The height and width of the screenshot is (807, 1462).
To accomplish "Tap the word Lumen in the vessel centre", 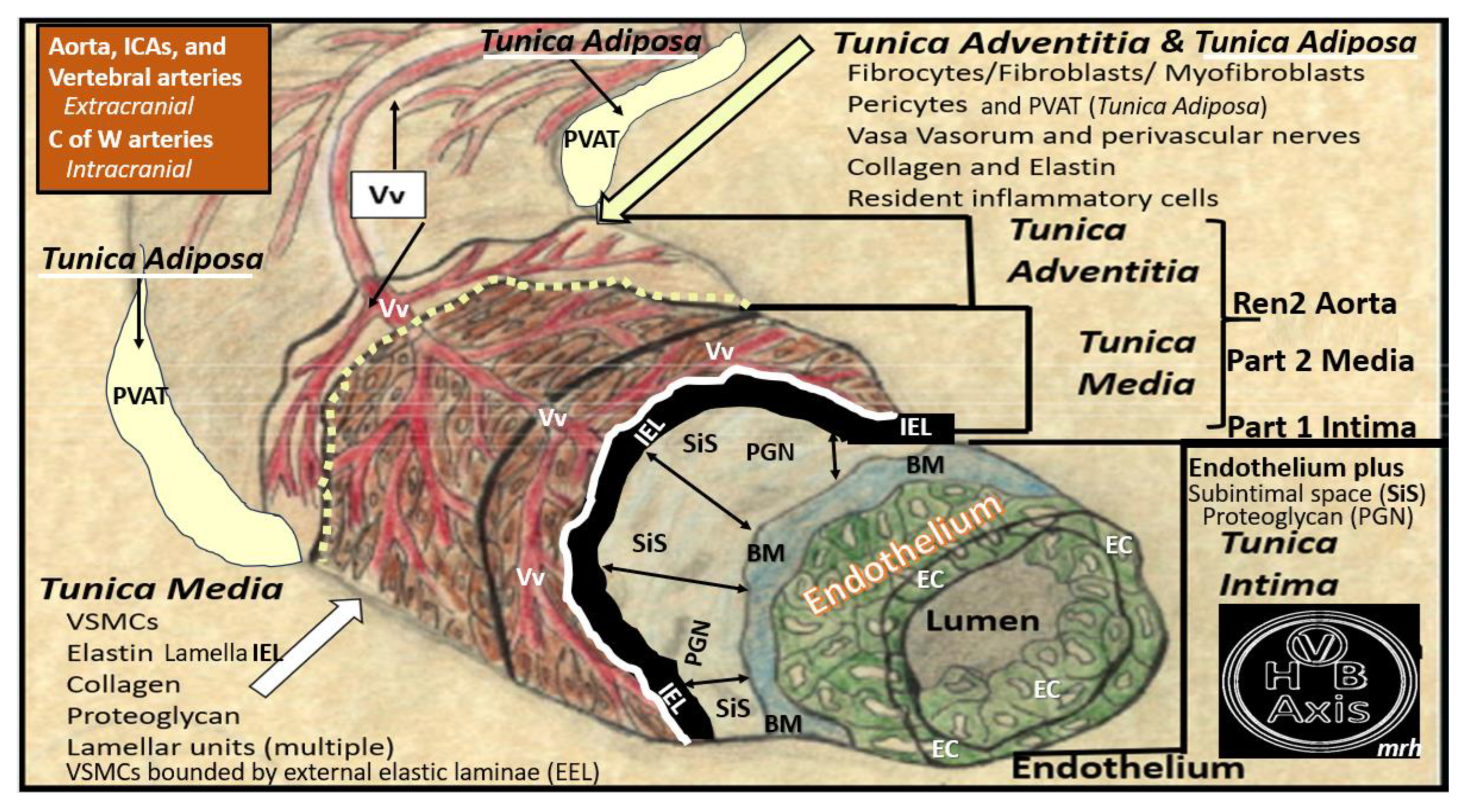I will click(x=982, y=621).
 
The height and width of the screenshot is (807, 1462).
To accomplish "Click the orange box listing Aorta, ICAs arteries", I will click(x=153, y=108).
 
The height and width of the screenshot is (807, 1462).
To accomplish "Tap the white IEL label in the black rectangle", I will click(x=916, y=427).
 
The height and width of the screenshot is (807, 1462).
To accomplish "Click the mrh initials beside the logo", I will click(x=1398, y=748).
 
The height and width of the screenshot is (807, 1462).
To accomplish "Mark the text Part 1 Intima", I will click(x=1322, y=427).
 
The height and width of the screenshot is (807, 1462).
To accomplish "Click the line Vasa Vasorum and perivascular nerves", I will click(x=1103, y=136).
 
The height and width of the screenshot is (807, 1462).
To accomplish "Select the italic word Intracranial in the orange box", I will click(x=128, y=169).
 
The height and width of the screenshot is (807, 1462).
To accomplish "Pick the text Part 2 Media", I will click(x=1320, y=361).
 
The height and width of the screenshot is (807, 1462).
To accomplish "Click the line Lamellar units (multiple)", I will click(x=230, y=747).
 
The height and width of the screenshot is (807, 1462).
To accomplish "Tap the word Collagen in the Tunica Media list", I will click(x=123, y=684).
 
